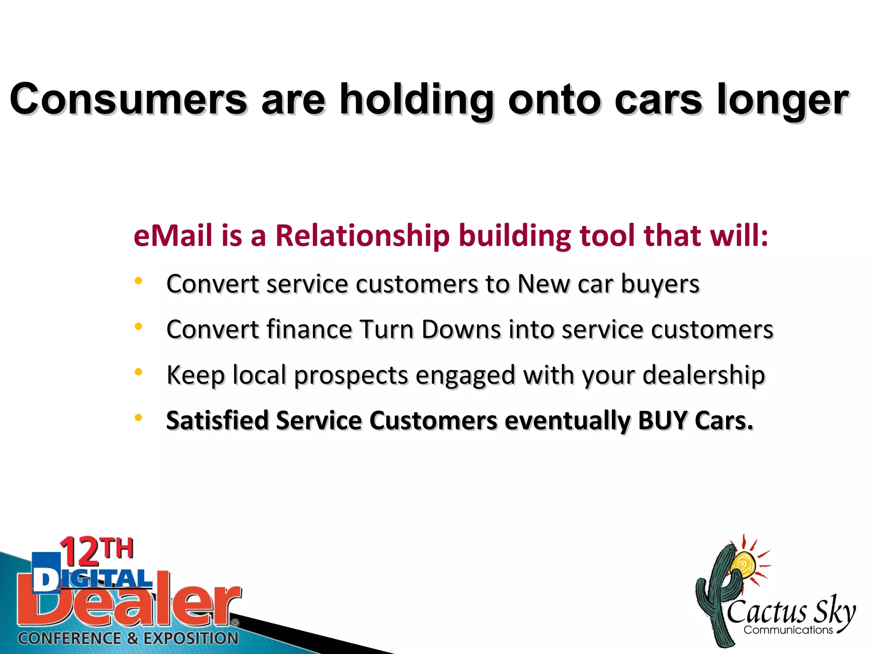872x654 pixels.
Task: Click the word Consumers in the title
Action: [128, 99]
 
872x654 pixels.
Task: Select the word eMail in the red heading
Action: [173, 235]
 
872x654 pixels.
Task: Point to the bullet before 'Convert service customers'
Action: [138, 281]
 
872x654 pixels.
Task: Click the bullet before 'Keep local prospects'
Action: [138, 372]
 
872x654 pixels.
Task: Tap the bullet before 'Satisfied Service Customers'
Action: [138, 418]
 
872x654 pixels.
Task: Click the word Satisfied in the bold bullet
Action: [217, 421]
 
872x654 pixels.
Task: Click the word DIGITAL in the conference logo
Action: [92, 580]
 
